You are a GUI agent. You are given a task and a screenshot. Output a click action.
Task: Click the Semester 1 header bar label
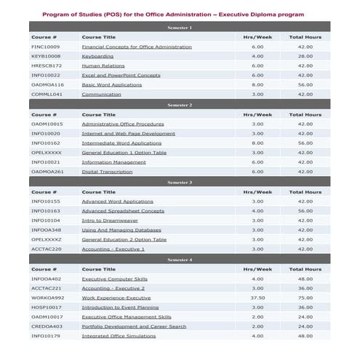point(180,27)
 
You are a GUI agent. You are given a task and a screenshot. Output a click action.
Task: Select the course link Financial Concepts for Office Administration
point(137,47)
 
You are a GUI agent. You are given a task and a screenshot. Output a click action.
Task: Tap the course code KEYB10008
point(46,56)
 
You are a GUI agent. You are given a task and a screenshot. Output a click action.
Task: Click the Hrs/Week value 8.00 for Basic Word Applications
point(257,84)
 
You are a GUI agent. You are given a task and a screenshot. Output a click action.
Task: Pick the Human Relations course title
point(103,65)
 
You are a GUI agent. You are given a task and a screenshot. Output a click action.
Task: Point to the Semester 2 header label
point(180,105)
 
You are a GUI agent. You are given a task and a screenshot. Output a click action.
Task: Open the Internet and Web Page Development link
point(128,133)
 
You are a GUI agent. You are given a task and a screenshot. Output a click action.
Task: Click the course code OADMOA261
point(47,172)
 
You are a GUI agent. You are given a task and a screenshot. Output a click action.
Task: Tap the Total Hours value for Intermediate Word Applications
point(305,143)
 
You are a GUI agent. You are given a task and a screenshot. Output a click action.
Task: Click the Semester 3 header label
point(180,183)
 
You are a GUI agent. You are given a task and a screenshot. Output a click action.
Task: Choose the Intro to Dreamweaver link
point(111,220)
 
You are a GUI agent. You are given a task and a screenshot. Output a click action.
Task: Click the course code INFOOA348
point(46,230)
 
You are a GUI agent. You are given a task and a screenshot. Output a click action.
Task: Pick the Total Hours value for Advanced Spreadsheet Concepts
point(305,211)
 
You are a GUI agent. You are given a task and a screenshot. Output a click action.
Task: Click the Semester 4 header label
point(180,260)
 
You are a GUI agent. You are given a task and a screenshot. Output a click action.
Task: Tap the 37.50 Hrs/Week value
point(257,297)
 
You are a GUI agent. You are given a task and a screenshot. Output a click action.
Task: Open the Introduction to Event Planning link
point(120,307)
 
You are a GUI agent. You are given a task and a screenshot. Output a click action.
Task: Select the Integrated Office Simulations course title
point(119,336)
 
